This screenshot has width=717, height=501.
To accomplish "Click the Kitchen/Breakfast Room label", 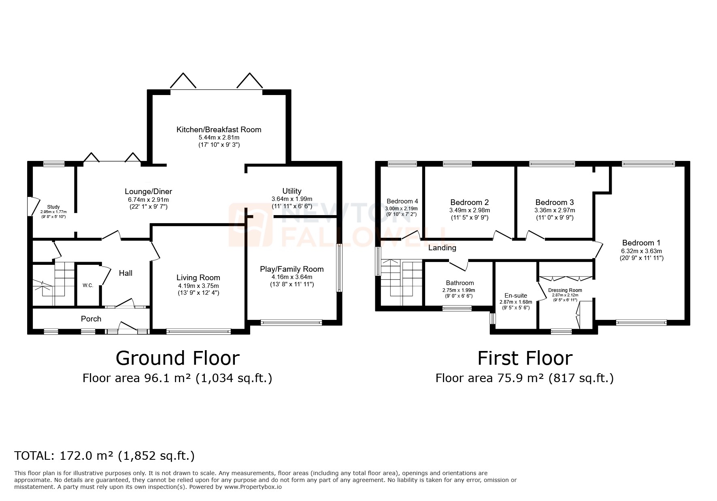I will pyautogui.click(x=219, y=129).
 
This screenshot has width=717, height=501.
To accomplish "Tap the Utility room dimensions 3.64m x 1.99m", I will pyautogui.click(x=291, y=199).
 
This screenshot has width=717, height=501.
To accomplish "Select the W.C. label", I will pyautogui.click(x=88, y=285).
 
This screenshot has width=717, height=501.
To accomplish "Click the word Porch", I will pyautogui.click(x=91, y=319).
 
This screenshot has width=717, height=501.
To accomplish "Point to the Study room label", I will pyautogui.click(x=53, y=207).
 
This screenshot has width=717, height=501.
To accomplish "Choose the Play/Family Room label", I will pyautogui.click(x=291, y=269).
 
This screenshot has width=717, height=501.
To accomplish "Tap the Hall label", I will pyautogui.click(x=126, y=273).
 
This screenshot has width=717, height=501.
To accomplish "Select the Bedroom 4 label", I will pyautogui.click(x=402, y=201).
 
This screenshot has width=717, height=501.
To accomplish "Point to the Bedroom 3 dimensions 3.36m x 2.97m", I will pyautogui.click(x=554, y=210).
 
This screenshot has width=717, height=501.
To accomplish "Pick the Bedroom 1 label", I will pyautogui.click(x=641, y=243).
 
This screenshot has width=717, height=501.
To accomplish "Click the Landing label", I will pyautogui.click(x=442, y=248).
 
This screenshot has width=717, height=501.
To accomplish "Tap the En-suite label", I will pyautogui.click(x=515, y=296).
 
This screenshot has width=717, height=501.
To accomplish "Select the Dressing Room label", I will pyautogui.click(x=565, y=290).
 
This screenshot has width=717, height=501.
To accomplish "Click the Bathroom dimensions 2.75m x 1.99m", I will pyautogui.click(x=460, y=290).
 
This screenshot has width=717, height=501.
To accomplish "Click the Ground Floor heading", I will pyautogui.click(x=177, y=358).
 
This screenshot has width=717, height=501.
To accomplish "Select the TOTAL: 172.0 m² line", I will pyautogui.click(x=104, y=456).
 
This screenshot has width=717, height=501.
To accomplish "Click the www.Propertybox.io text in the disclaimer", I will pyautogui.click(x=253, y=487).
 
